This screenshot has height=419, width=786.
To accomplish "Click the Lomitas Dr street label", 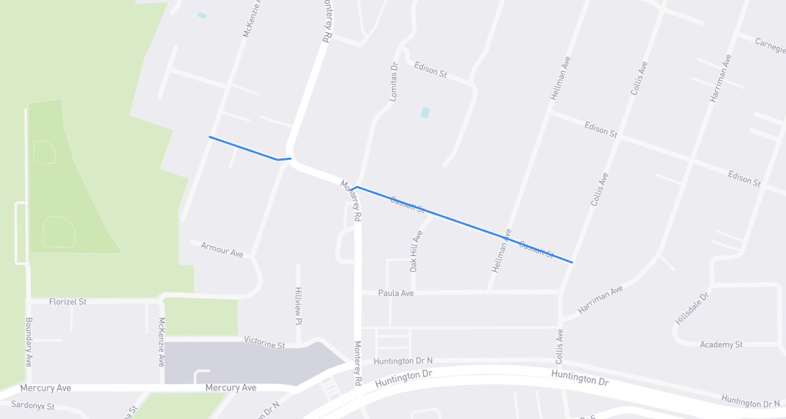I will pos(394,81).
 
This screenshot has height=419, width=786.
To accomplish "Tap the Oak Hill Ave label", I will pos(415,251).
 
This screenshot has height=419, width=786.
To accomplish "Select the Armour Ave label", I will pos(222,249).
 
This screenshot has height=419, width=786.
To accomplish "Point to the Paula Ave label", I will pos(396,293).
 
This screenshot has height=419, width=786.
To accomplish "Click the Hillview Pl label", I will pos(298,306).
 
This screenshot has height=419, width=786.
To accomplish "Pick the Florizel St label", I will pos(68,301).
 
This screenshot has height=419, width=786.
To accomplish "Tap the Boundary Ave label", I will pos(29,342).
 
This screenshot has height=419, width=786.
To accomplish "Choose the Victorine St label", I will pos(264,342).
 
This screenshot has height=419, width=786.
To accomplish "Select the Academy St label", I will pos(721,345).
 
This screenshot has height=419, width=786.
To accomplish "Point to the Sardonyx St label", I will pos(33,407).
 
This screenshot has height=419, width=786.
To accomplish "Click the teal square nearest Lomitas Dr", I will pos(425,112).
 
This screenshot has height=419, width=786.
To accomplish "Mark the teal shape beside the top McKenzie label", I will pos(202,15).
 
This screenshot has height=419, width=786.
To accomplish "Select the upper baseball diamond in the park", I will pos(44,152).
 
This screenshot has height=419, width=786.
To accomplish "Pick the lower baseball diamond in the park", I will pos(58,232).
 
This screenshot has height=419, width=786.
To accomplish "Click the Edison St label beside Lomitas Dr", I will pos(430,69).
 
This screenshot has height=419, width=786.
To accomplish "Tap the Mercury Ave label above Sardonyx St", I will pos(45,388).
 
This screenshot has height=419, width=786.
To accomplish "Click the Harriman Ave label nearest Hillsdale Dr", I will pos(600,300).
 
